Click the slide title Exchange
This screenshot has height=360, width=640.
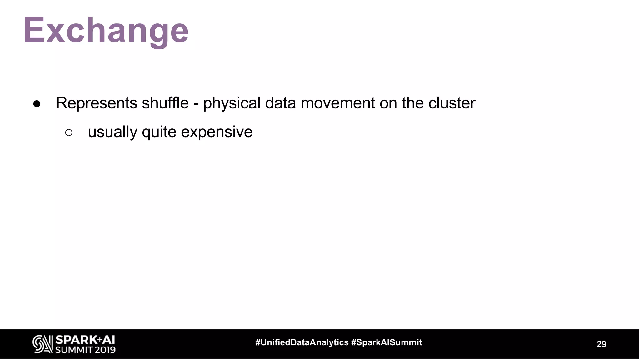[x=106, y=31]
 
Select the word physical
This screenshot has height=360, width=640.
[x=232, y=103]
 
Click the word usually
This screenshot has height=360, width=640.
[x=112, y=132]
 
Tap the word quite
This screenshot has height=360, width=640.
[x=159, y=132]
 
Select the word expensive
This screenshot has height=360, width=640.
[x=217, y=132]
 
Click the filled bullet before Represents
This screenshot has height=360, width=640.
[x=37, y=104]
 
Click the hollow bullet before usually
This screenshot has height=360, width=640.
[x=69, y=132]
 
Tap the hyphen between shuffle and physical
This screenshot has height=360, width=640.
[x=196, y=104]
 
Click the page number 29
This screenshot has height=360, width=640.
[x=601, y=344]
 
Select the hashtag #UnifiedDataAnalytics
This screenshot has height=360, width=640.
[x=302, y=342]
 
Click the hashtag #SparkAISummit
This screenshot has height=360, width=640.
[x=387, y=342]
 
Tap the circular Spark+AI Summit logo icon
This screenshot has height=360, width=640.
[x=42, y=344]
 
